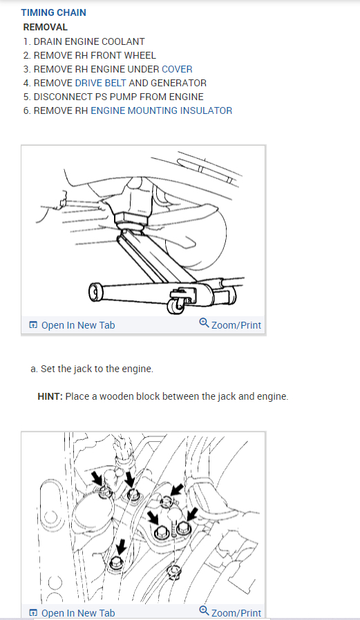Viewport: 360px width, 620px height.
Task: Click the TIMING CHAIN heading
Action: pyautogui.click(x=53, y=12)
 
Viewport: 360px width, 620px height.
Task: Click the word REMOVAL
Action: pyautogui.click(x=46, y=28)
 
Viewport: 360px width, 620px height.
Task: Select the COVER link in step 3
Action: pyautogui.click(x=177, y=69)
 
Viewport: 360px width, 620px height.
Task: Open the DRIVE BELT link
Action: pyautogui.click(x=100, y=83)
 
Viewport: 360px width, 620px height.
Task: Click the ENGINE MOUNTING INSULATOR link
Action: pyautogui.click(x=162, y=110)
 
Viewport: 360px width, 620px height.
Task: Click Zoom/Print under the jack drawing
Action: pyautogui.click(x=236, y=325)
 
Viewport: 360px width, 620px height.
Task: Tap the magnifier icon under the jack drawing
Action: pyautogui.click(x=204, y=323)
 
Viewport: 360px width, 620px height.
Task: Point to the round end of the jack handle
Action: pyautogui.click(x=95, y=292)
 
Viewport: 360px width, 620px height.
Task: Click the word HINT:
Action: pyautogui.click(x=50, y=396)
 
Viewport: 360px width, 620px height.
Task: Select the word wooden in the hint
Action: pyautogui.click(x=116, y=396)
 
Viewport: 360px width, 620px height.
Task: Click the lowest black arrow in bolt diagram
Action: pyautogui.click(x=120, y=548)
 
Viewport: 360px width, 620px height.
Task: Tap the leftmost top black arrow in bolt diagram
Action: pyautogui.click(x=97, y=478)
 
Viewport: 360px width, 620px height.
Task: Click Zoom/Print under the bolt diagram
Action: pyautogui.click(x=236, y=613)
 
